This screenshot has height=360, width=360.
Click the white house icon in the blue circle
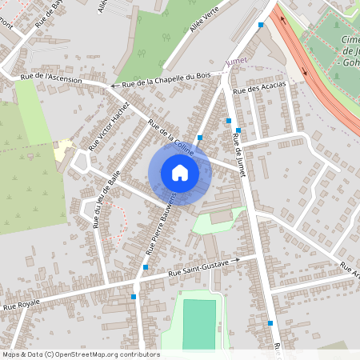[180, 172]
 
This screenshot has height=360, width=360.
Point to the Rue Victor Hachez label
[109, 126]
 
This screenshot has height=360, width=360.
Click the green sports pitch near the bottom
[199, 323]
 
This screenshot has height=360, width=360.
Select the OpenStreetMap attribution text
[80, 354]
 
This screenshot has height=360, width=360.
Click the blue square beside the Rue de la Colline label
[200, 138]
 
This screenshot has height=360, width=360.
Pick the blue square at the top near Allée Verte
[261, 25]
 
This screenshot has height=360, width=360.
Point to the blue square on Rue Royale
[134, 297]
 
